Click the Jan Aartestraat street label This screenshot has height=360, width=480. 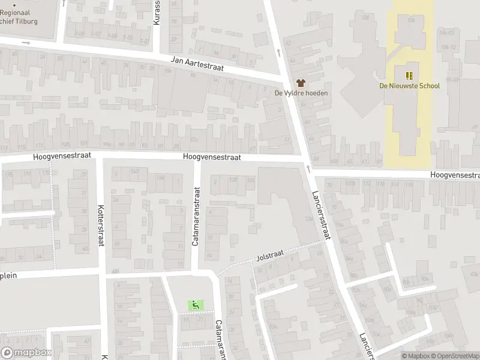197,64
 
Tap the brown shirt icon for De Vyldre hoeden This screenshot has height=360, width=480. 301,83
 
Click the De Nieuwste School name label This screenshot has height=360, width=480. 409,86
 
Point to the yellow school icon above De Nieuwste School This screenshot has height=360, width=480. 409,76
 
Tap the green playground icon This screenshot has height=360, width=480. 195,305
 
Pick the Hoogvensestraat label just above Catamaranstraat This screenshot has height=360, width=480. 212,157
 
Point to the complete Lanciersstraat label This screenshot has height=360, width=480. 322,215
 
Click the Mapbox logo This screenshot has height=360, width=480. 26,353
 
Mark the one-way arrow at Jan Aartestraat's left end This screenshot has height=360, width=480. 25,43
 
